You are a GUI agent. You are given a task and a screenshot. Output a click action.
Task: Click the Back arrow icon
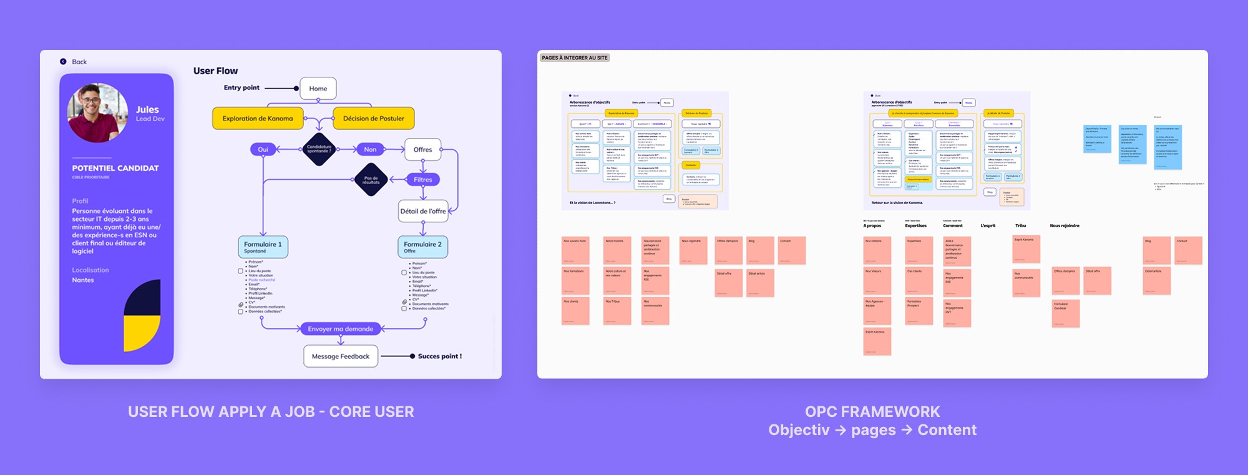click(x=63, y=61)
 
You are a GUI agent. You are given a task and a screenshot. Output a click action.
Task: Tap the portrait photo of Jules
click(x=97, y=112)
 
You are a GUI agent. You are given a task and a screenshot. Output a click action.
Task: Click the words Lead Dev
click(x=150, y=119)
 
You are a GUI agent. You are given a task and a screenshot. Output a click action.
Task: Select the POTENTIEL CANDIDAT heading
click(x=115, y=168)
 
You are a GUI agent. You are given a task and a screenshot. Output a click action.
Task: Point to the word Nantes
click(x=83, y=280)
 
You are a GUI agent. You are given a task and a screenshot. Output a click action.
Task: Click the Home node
click(x=318, y=89)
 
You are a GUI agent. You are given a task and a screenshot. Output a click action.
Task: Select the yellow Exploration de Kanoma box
click(x=258, y=119)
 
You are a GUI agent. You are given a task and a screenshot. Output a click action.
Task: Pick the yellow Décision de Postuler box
click(x=373, y=119)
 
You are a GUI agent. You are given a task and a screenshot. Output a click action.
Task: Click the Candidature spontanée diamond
click(x=319, y=150)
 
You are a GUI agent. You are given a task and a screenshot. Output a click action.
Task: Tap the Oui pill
click(x=263, y=149)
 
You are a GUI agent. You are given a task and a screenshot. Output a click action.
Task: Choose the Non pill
click(x=370, y=149)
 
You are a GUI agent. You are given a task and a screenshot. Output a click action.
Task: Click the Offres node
click(x=422, y=149)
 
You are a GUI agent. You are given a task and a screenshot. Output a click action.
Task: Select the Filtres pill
click(x=422, y=180)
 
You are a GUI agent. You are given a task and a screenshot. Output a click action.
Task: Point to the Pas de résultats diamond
click(x=371, y=180)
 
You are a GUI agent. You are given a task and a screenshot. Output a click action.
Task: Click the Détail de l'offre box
click(x=423, y=211)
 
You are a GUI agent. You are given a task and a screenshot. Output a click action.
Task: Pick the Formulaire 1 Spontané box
click(x=263, y=247)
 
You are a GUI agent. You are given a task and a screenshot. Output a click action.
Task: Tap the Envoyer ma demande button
click(x=340, y=329)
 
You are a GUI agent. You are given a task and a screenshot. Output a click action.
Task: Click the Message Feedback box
click(x=341, y=356)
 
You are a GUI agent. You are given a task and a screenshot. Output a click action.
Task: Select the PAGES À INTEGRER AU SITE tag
click(x=575, y=57)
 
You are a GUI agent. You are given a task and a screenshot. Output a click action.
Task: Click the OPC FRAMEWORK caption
click(x=872, y=411)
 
